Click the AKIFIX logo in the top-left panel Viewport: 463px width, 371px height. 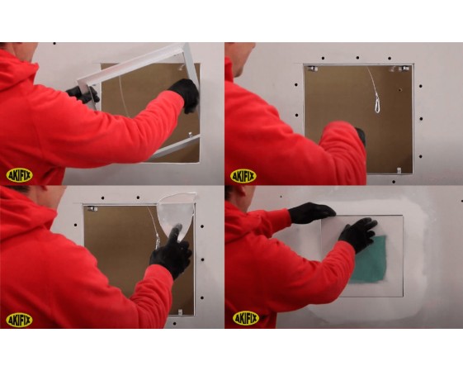coord(19,176)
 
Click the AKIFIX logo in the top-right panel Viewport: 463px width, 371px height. coord(243,177)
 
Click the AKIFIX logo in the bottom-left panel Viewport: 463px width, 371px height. coord(19,320)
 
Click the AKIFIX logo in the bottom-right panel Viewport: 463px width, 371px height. coord(246,318)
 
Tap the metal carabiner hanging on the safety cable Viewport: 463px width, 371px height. coord(377,102)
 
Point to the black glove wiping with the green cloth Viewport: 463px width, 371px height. coord(358,234)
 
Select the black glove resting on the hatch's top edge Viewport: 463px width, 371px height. coord(311,212)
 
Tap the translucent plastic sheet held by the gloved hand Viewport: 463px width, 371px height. coord(177,214)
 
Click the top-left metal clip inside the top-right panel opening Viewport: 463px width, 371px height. coord(312,69)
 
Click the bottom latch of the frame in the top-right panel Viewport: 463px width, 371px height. coord(399,170)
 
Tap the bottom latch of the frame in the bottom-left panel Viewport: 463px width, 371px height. coord(181,312)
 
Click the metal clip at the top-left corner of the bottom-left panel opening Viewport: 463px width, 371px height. coord(92,209)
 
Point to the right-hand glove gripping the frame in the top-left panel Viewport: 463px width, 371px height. coord(186,94)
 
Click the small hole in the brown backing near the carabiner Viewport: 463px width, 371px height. coord(399,89)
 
